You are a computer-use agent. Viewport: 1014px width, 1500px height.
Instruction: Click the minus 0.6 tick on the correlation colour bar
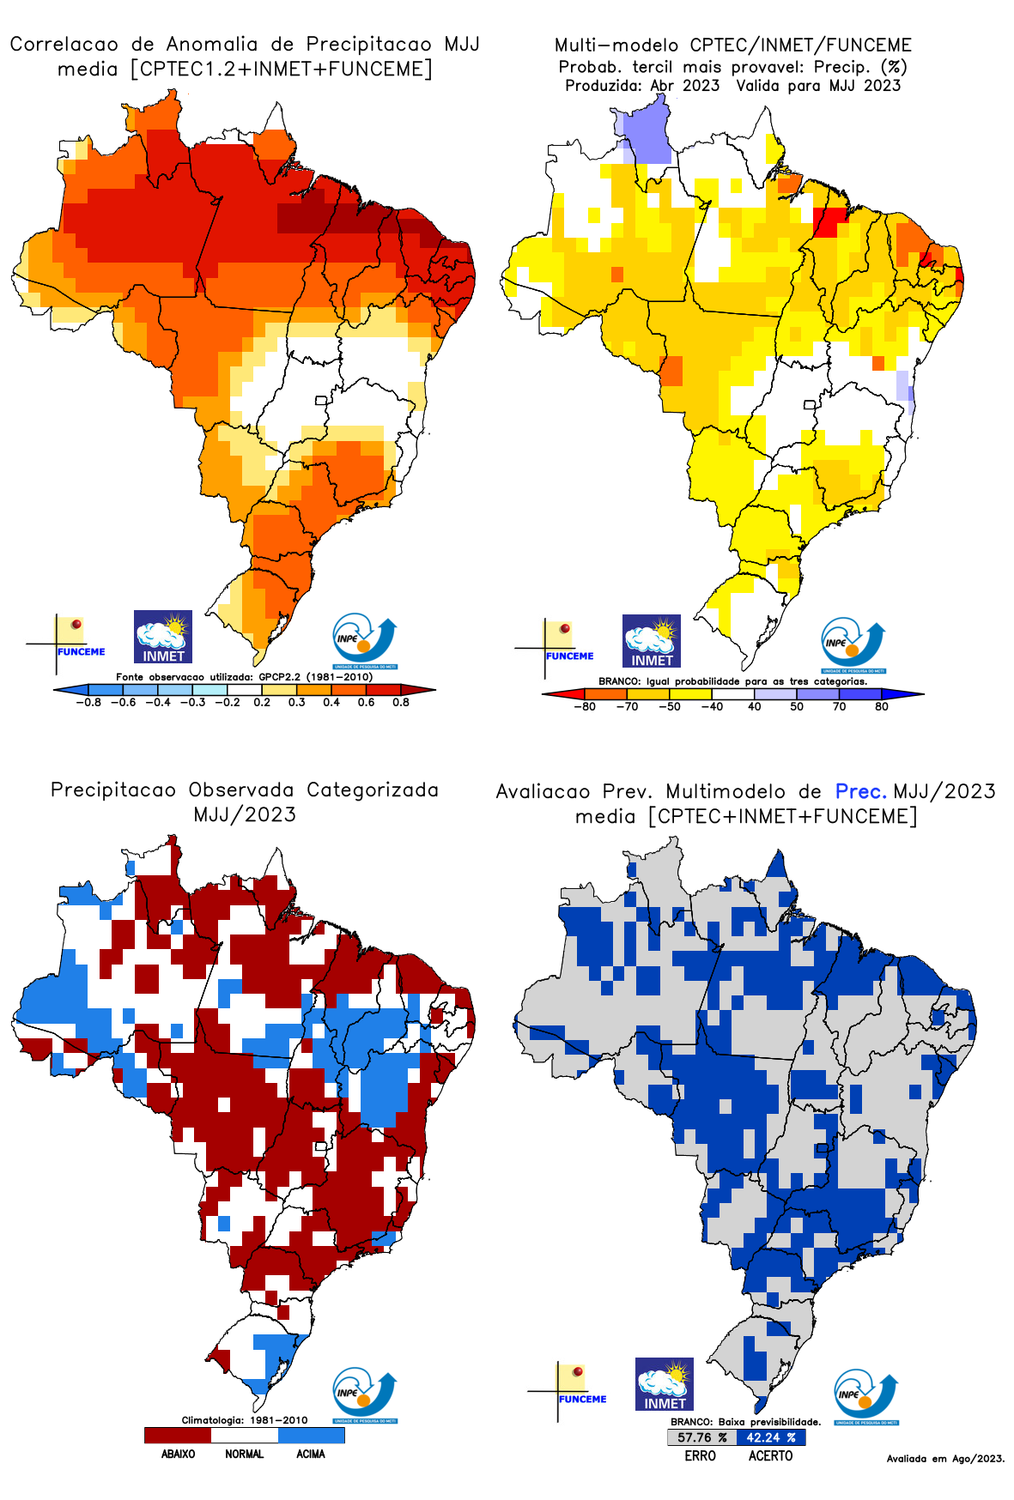(x=124, y=702)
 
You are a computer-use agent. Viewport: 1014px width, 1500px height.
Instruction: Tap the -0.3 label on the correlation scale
(x=192, y=702)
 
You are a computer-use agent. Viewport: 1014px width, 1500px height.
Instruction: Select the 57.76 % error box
(x=701, y=1437)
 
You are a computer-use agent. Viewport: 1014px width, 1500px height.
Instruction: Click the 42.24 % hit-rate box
(x=770, y=1437)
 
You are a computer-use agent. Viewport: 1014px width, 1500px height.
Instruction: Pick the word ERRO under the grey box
(x=700, y=1456)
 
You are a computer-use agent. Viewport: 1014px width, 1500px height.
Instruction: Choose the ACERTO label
(x=770, y=1456)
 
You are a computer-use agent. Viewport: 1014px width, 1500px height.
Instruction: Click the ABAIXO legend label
(x=178, y=1455)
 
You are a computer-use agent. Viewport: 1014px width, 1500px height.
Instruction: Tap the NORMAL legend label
(x=244, y=1455)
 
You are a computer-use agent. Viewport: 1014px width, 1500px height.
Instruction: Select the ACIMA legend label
(x=311, y=1455)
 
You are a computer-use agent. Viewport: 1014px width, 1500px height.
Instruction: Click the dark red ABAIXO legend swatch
(x=178, y=1435)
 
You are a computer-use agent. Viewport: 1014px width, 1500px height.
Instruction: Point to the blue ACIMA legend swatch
(x=311, y=1435)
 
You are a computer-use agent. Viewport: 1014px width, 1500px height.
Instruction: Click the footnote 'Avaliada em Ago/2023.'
(x=945, y=1459)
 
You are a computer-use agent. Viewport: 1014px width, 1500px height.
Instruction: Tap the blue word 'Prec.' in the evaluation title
(x=860, y=791)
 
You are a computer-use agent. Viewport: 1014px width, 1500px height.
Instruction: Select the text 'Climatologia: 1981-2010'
(x=244, y=1420)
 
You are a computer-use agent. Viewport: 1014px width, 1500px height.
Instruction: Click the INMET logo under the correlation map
(x=163, y=637)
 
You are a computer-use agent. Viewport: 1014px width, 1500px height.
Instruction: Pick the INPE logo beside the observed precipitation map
(x=365, y=1395)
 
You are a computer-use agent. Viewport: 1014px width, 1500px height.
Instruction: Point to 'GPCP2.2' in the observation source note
(x=279, y=677)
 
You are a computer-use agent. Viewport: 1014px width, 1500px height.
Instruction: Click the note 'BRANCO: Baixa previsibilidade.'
(x=745, y=1422)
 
